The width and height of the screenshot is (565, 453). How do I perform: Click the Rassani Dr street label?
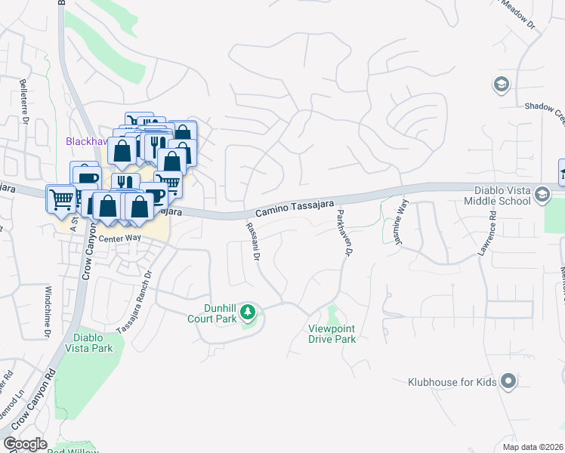pos(253,242)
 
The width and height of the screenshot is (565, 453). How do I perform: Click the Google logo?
pos(25,443)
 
